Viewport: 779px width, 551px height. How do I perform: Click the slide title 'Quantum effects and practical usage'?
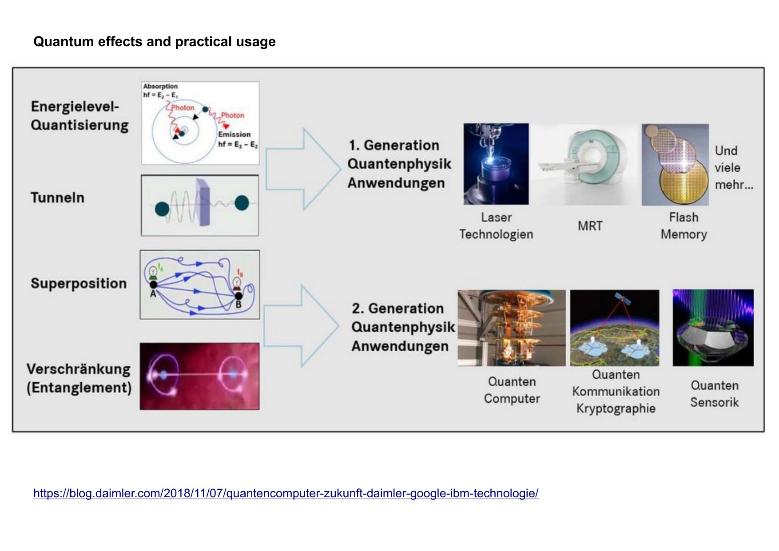[154, 42]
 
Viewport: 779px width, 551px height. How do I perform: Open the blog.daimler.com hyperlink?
[286, 493]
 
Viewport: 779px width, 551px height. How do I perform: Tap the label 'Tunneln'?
[57, 198]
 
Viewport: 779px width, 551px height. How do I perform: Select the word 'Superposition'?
[79, 283]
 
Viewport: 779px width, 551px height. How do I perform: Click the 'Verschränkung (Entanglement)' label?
[79, 378]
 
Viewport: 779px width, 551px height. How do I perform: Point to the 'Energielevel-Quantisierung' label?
[79, 116]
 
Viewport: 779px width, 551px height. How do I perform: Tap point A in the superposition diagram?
[153, 285]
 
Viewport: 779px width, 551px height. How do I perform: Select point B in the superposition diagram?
[238, 296]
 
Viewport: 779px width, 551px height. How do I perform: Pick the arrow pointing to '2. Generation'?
[301, 326]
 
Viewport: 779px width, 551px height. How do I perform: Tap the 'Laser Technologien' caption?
[496, 226]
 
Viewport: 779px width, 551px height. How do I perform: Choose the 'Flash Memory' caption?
[684, 226]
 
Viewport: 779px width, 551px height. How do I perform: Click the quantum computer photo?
[512, 328]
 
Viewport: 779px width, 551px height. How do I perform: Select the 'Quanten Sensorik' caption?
[714, 394]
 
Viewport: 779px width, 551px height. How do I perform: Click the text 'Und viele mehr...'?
[733, 168]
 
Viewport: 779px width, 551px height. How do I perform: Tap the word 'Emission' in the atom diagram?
[234, 134]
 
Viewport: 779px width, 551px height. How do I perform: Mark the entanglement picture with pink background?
[199, 376]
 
